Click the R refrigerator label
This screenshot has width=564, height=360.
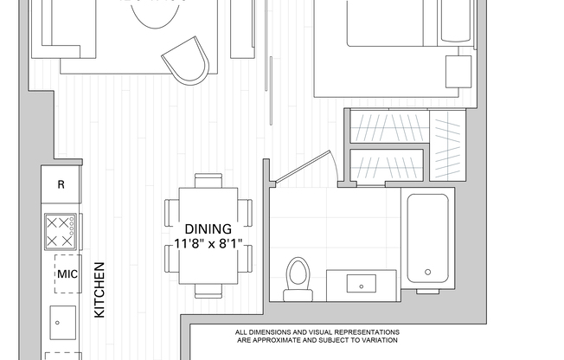point(61,184)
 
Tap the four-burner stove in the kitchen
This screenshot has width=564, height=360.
point(61,232)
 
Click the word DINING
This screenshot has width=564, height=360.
point(208,229)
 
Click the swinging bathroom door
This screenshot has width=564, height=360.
point(303,168)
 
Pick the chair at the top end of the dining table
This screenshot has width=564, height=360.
point(208,180)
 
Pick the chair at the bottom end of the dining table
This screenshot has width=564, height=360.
point(208,290)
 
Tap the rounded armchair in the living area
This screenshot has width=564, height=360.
point(188,61)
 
